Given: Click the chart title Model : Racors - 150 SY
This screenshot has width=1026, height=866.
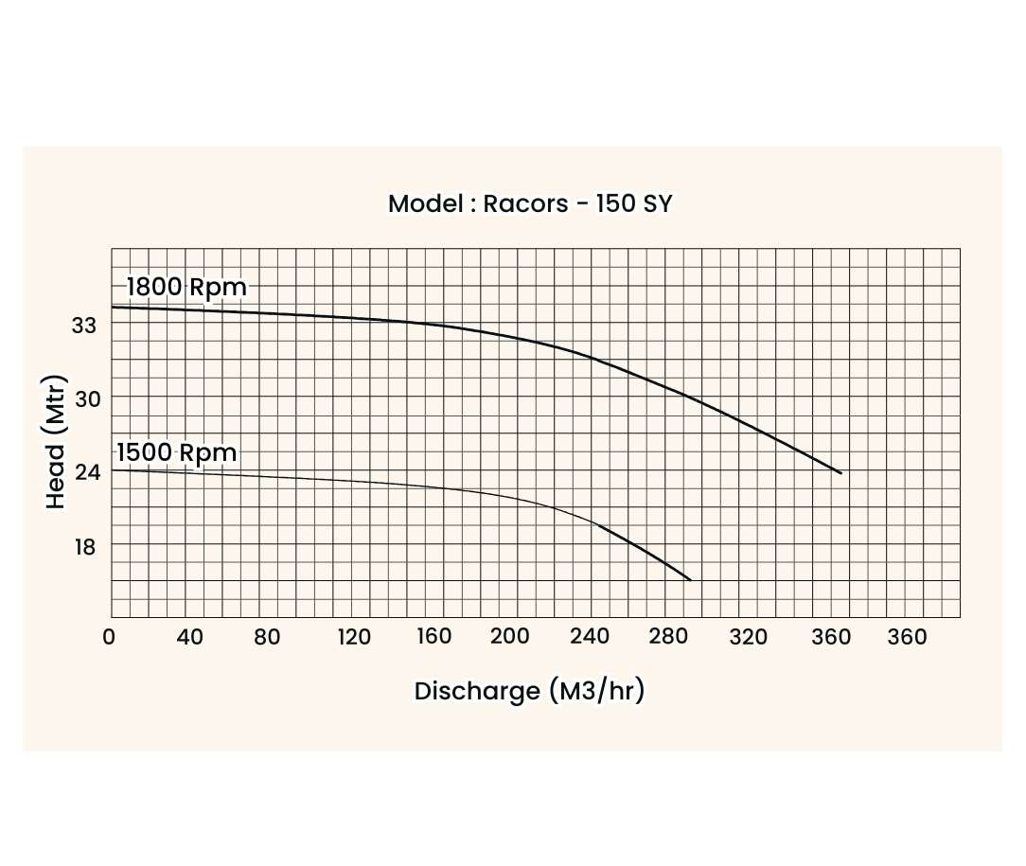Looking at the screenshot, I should [x=530, y=203].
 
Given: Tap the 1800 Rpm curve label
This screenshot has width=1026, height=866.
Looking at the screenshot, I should [x=186, y=287].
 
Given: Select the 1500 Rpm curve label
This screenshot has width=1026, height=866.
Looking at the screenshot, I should [x=176, y=453].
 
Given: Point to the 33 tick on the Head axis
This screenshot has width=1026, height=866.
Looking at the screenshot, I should [x=85, y=325].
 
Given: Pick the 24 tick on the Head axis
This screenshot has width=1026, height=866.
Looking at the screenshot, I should [x=86, y=471].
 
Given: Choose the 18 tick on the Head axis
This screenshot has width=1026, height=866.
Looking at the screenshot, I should [x=85, y=546].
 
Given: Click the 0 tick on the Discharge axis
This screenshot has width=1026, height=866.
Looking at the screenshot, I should [x=109, y=637].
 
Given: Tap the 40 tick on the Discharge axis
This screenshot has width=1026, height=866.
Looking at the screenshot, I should [x=190, y=637].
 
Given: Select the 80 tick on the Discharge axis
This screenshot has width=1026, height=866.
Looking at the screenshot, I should [x=267, y=637].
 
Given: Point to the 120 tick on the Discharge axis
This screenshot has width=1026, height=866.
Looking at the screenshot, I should [x=354, y=637].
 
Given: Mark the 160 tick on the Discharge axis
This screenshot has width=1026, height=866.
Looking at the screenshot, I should [x=433, y=637].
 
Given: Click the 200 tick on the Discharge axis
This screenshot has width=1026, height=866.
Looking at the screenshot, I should [x=510, y=637].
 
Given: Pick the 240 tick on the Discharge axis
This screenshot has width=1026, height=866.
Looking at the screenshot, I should [x=591, y=637].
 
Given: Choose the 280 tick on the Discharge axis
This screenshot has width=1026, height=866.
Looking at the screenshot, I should [x=666, y=637].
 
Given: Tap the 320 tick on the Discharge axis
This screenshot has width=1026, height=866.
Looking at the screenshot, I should [x=749, y=637].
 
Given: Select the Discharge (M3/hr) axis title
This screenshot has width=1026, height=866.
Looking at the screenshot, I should [x=529, y=691].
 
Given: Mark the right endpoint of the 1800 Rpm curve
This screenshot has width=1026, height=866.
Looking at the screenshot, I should [x=840, y=472].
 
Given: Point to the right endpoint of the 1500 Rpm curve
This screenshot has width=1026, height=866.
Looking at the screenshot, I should [x=691, y=579].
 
